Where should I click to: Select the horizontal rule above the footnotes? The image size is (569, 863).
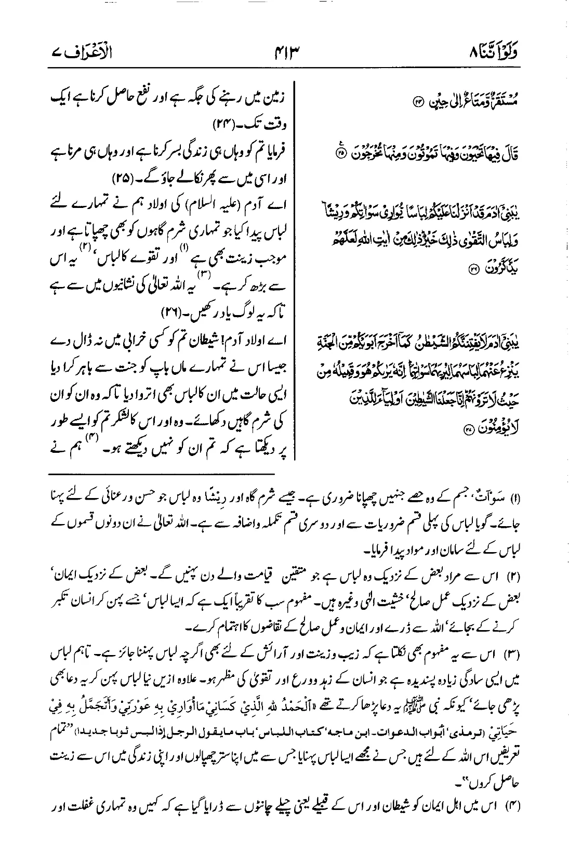[x=162, y=474]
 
